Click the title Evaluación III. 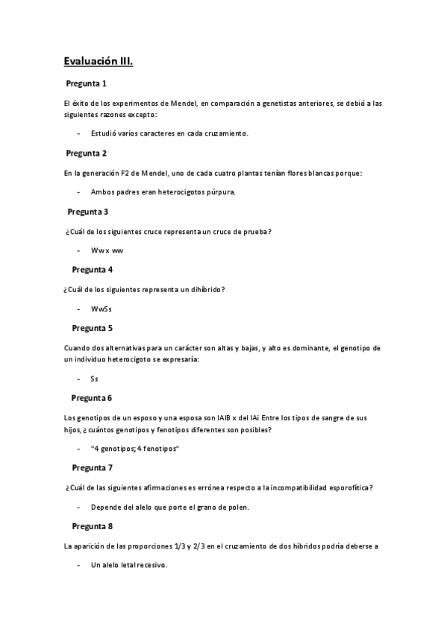(98, 62)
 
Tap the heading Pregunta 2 (86, 154)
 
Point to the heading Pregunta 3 (88, 212)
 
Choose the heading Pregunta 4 (92, 269)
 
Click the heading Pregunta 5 (92, 327)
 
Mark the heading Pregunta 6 (92, 398)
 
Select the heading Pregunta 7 (92, 468)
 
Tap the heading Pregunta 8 (92, 526)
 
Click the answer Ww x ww (107, 251)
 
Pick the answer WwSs (101, 309)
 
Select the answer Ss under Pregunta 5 (95, 379)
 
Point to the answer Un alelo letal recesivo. (128, 566)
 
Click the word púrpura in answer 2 (222, 193)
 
